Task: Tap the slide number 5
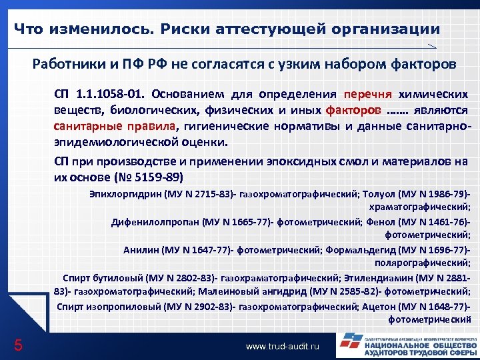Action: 18,345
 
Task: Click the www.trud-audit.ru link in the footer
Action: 283,347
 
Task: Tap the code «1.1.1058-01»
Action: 112,94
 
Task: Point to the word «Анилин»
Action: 141,251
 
